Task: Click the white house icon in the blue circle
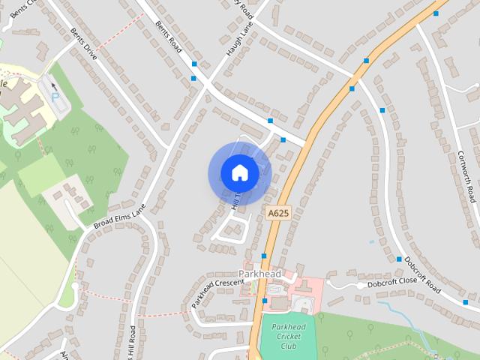point(240,173)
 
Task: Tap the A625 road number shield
point(277,214)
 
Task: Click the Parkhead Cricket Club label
point(289,336)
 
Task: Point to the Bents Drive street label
point(84,44)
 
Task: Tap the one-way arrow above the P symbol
point(53,86)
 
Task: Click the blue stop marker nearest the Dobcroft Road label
point(399,259)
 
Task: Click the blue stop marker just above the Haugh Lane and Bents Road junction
point(194,64)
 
